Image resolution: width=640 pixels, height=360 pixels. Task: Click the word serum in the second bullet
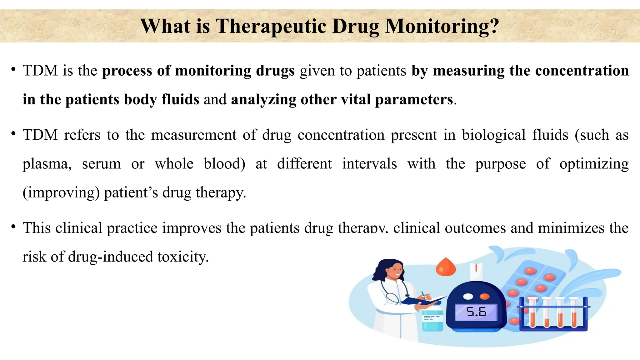(x=101, y=164)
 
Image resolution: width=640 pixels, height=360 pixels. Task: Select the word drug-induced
(x=111, y=257)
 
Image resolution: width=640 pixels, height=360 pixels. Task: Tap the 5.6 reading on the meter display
(x=476, y=312)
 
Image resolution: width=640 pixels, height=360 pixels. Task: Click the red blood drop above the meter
(x=446, y=267)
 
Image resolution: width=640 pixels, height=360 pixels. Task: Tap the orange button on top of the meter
(x=484, y=296)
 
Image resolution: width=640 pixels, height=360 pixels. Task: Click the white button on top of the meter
(x=468, y=296)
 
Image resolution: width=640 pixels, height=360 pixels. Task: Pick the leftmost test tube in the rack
(x=532, y=312)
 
